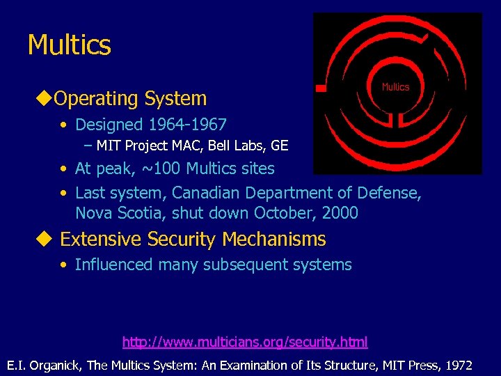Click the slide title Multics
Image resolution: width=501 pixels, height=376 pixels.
(69, 45)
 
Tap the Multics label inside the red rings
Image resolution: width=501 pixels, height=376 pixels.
(395, 87)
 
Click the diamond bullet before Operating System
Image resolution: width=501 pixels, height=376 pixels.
(42, 98)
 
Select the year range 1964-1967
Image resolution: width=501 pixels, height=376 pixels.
(186, 125)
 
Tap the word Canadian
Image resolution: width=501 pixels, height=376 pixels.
(207, 192)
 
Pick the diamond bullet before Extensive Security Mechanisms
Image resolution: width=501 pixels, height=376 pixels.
(45, 239)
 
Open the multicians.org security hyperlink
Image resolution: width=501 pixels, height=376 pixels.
(245, 342)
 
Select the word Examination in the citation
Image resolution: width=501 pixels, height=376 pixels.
(244, 365)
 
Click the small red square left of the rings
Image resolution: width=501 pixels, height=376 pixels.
(321, 88)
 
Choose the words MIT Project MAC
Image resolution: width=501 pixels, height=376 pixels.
(143, 146)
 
